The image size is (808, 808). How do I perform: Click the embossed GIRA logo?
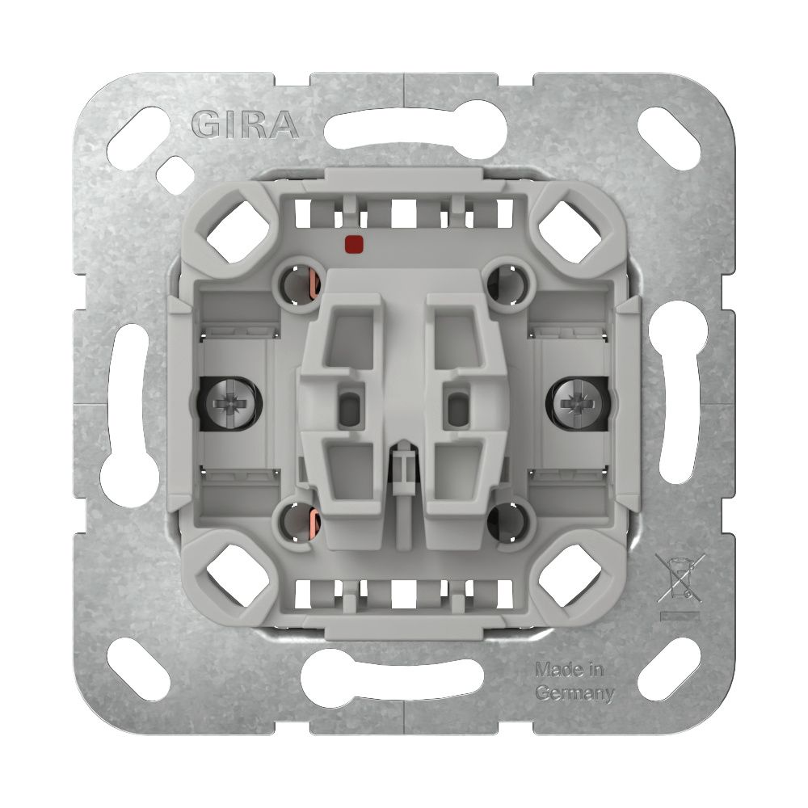[246, 125]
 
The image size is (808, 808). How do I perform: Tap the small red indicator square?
[354, 245]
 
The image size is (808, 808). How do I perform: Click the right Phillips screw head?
[577, 402]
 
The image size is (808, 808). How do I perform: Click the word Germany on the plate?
[575, 693]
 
